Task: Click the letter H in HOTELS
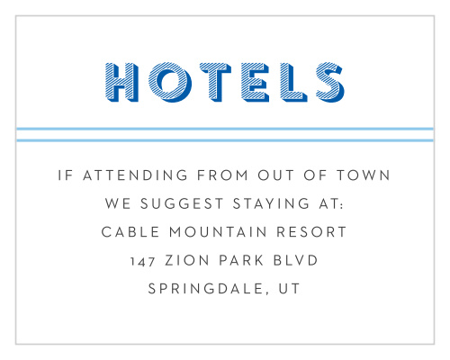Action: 121,81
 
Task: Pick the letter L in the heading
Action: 290,81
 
